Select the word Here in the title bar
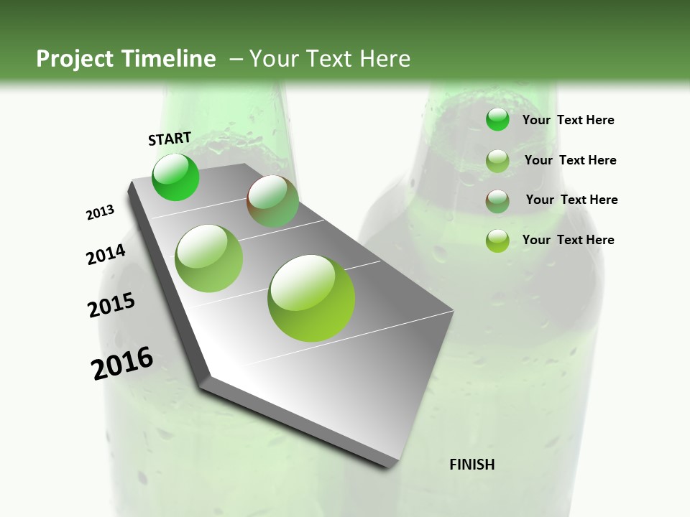tap(385, 59)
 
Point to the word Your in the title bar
tap(273, 59)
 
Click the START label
tap(170, 139)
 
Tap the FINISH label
tap(472, 465)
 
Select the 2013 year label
tap(100, 213)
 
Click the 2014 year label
tap(106, 254)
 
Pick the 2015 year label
tap(111, 305)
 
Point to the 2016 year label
tap(122, 363)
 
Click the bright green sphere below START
tap(175, 177)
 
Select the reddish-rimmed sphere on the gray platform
tap(272, 201)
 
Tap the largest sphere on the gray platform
tap(311, 298)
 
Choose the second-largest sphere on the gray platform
tap(209, 258)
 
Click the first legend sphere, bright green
tap(497, 120)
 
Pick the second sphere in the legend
tap(497, 161)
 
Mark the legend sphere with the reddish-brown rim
tap(497, 201)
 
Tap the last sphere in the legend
tap(497, 241)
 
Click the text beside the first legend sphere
tap(568, 120)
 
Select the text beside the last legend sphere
tap(568, 240)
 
